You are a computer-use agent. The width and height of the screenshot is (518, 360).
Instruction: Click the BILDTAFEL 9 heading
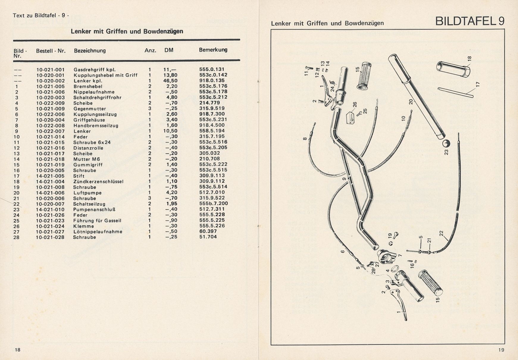470,21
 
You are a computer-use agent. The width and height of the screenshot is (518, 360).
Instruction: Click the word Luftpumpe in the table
87,193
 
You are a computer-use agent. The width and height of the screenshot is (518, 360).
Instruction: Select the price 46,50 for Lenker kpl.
170,81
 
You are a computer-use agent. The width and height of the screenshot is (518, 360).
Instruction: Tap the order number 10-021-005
50,86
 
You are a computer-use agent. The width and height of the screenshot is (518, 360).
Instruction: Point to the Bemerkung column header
213,50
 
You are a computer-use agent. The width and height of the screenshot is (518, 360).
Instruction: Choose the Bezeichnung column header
90,51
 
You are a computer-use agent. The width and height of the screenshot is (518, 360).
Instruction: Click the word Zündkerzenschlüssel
98,181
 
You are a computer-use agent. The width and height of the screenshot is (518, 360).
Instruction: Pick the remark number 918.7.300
212,114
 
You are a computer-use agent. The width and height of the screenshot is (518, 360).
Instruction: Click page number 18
18,350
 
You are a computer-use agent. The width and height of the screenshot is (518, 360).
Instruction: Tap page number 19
501,350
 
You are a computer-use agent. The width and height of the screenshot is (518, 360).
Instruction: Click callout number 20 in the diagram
411,102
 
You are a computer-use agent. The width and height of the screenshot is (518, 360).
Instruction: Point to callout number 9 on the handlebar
344,179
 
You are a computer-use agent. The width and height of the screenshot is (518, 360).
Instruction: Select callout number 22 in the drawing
441,234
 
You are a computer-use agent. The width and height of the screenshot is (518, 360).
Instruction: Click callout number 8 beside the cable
305,138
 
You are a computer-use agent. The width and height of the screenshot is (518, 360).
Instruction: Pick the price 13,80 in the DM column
170,75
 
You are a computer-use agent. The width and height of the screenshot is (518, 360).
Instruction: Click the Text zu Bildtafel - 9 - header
41,15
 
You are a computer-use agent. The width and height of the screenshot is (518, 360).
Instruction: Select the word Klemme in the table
84,226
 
